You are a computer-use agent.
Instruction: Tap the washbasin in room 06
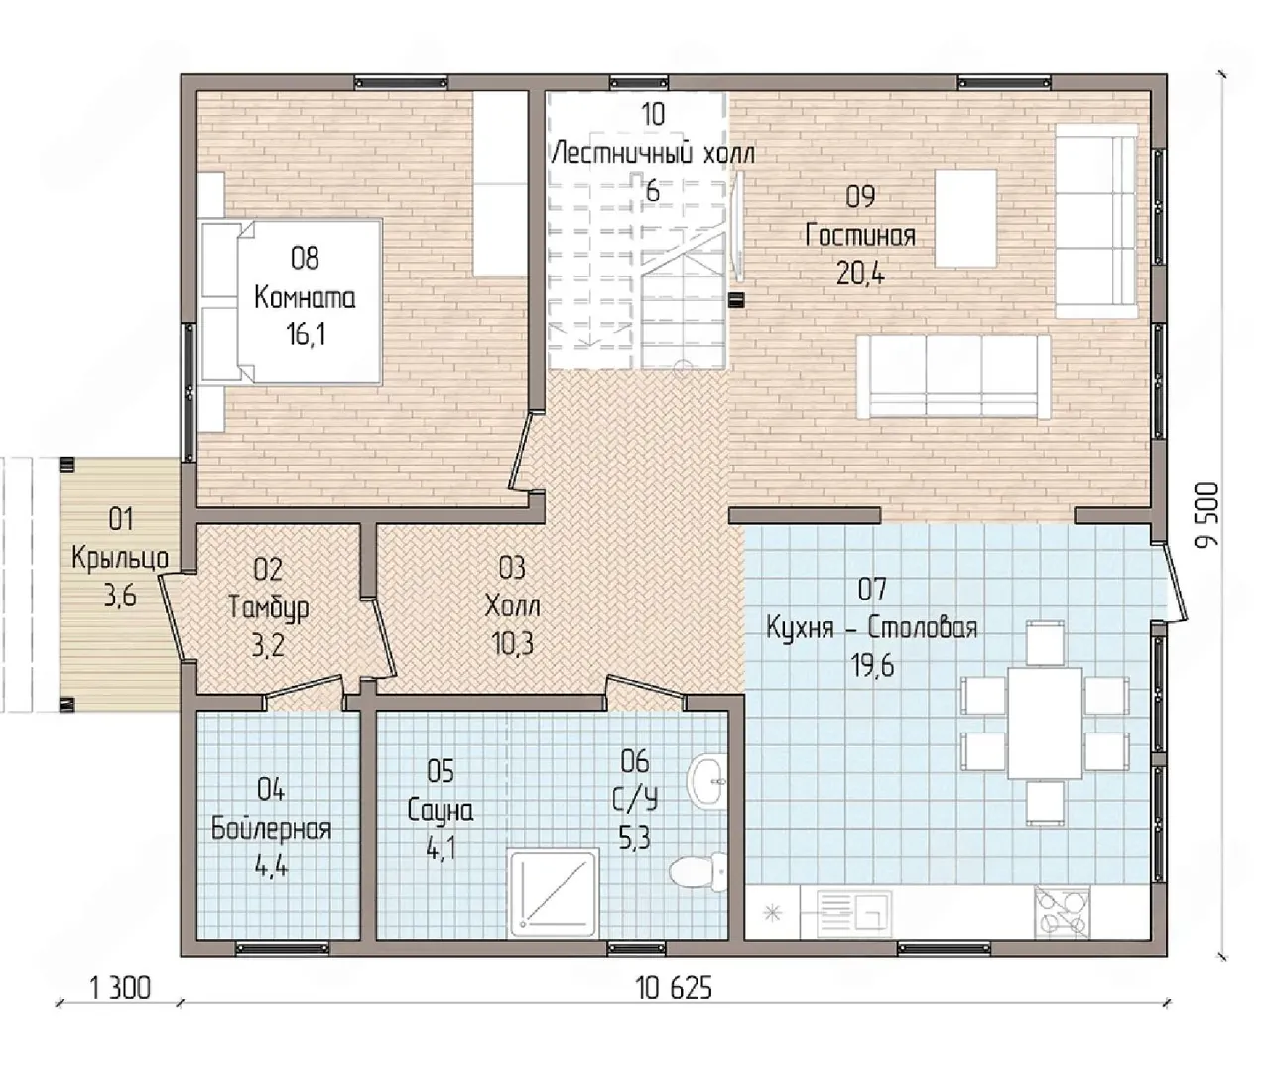tap(706, 781)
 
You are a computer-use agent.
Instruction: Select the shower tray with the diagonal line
tap(554, 894)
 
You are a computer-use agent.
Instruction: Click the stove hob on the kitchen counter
tap(1063, 913)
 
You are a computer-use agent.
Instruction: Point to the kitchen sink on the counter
tap(854, 914)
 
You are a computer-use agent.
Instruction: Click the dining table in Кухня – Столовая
tap(1045, 724)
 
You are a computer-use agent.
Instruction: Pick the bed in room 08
tap(292, 302)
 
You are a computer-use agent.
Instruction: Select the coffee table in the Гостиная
tap(965, 218)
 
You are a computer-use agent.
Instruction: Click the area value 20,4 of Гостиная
tap(860, 275)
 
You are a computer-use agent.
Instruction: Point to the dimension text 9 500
tap(1207, 515)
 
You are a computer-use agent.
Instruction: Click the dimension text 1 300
tap(120, 988)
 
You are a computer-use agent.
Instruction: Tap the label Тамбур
tap(268, 607)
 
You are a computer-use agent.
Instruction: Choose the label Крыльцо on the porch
tap(120, 558)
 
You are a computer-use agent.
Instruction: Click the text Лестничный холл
tap(653, 153)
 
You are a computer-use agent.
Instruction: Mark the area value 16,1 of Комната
tap(306, 335)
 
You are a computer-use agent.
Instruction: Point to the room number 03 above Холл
tap(512, 567)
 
